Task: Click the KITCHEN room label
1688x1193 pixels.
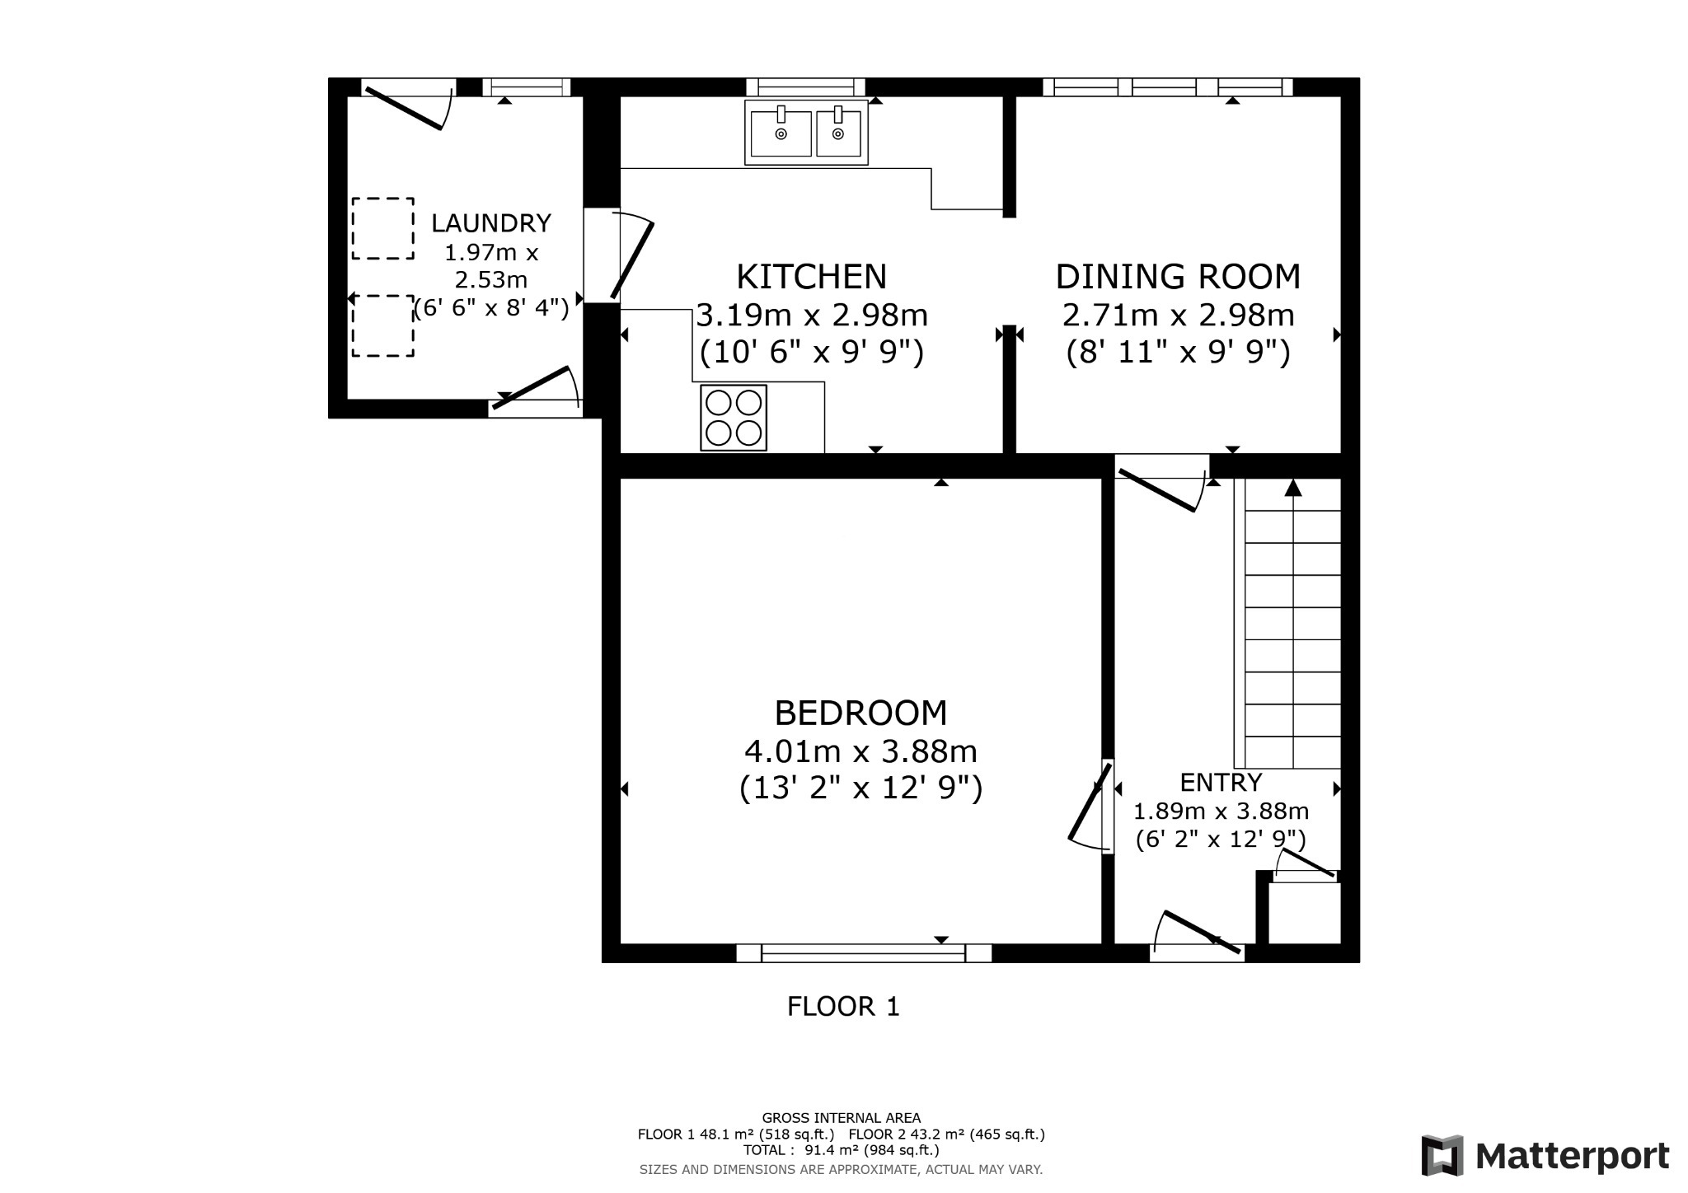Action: [811, 277]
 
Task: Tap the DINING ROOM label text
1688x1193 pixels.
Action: [1178, 277]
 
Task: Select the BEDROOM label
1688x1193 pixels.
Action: [860, 713]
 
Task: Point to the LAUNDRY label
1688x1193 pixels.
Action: [491, 223]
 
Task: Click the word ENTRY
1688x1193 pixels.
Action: [1221, 782]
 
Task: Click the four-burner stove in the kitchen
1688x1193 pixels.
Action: [734, 418]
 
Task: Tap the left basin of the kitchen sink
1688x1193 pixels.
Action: [781, 133]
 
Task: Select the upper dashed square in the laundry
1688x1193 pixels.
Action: [383, 228]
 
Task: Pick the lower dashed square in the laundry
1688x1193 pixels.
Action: [383, 326]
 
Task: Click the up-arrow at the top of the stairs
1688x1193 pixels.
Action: [1293, 488]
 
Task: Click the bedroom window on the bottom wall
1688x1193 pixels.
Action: [863, 953]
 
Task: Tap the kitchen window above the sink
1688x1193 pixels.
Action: [805, 87]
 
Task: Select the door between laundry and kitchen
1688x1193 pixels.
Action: [631, 255]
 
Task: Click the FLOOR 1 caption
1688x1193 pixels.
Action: [843, 1007]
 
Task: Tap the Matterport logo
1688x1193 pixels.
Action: [1545, 1157]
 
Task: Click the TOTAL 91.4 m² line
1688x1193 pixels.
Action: [841, 1150]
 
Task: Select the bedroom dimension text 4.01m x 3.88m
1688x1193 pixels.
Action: [860, 751]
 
